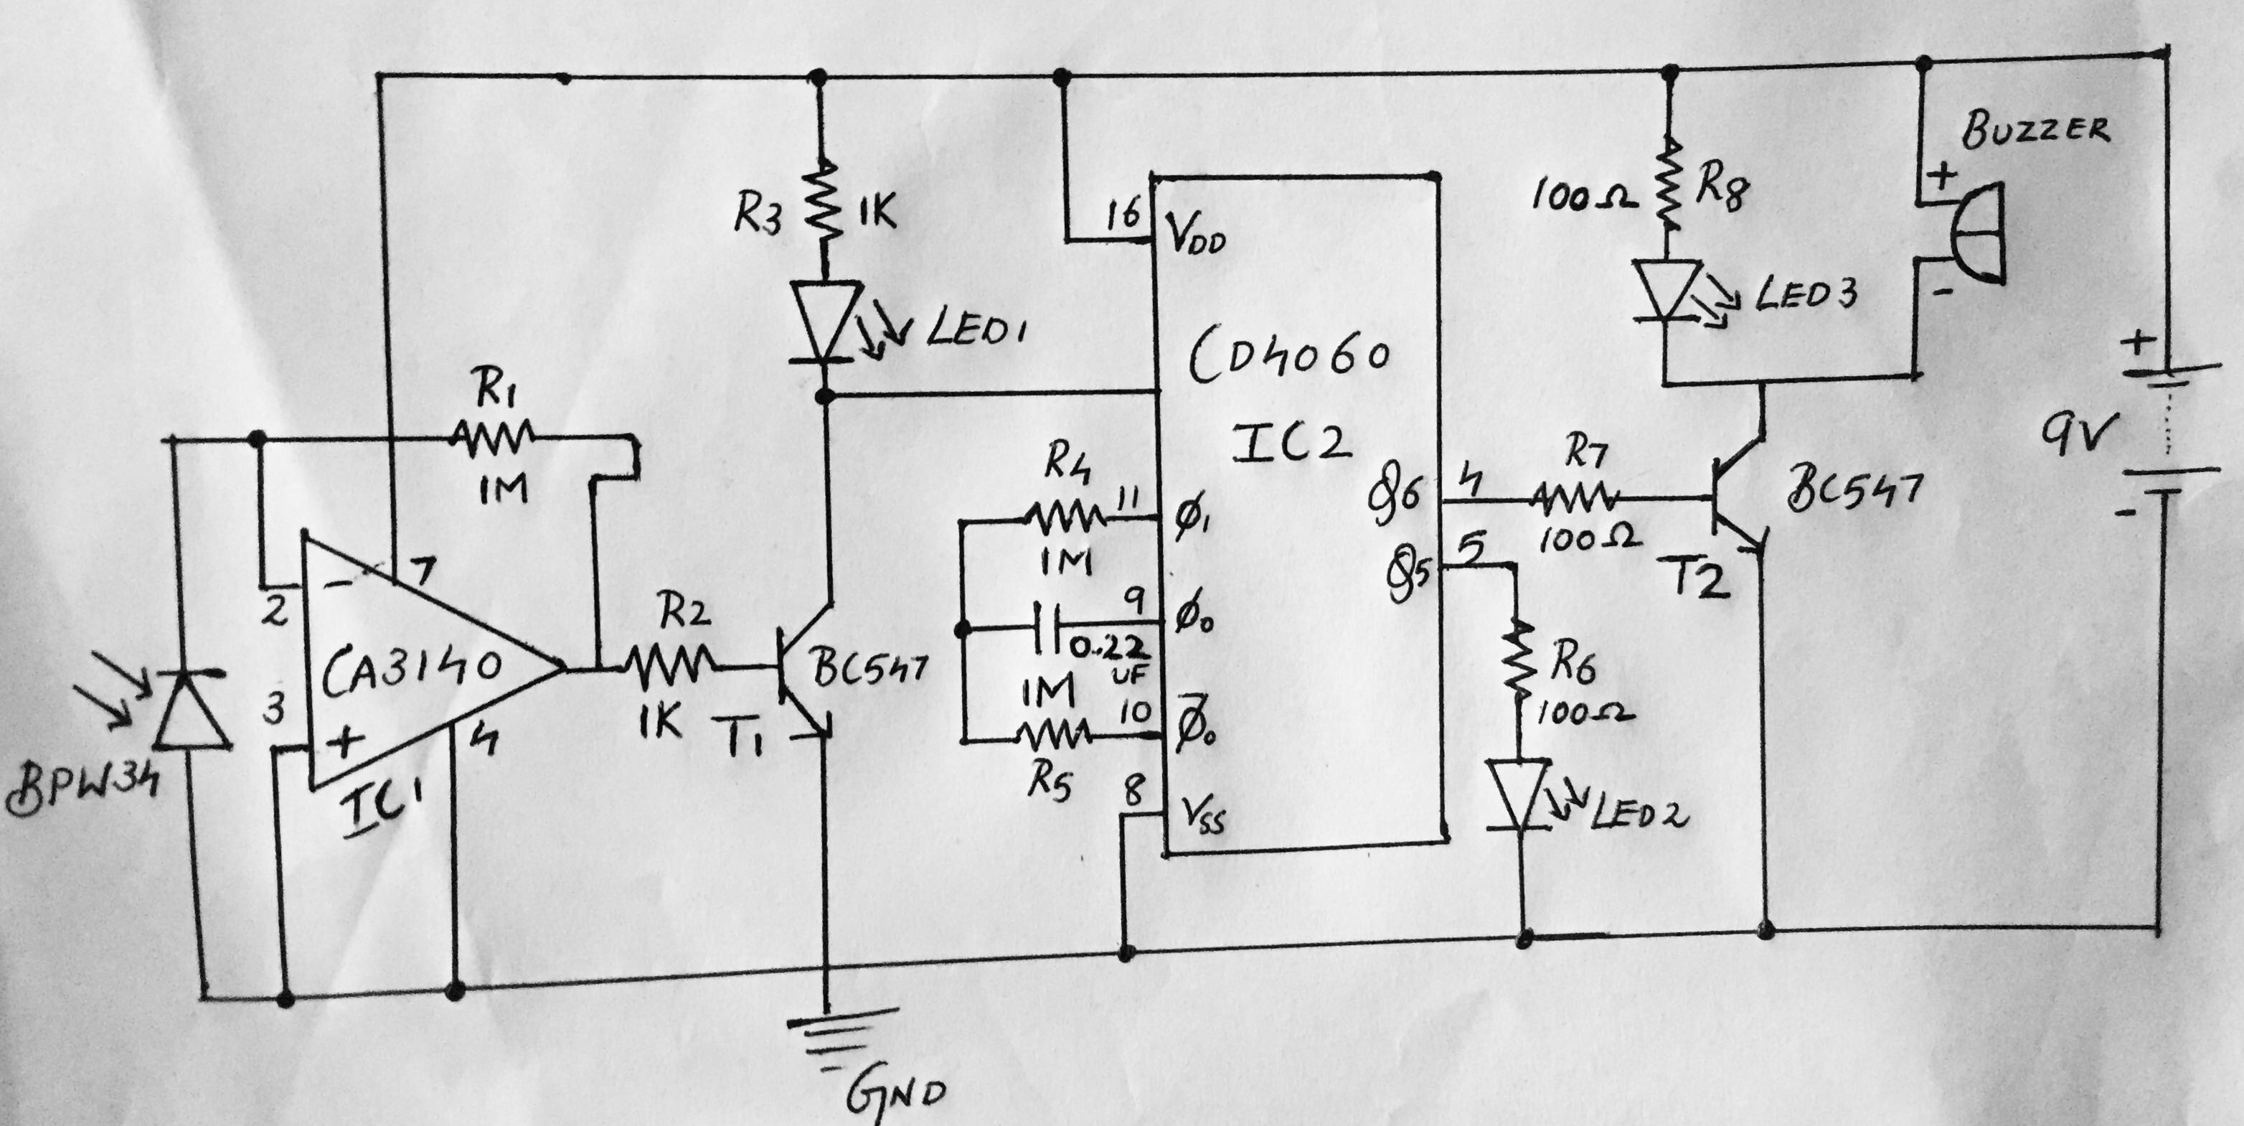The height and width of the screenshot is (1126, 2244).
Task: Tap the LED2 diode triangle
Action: [x=1520, y=794]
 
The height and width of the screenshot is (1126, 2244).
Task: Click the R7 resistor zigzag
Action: [x=1575, y=499]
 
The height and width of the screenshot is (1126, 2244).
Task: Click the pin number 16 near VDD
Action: [x=1123, y=214]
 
